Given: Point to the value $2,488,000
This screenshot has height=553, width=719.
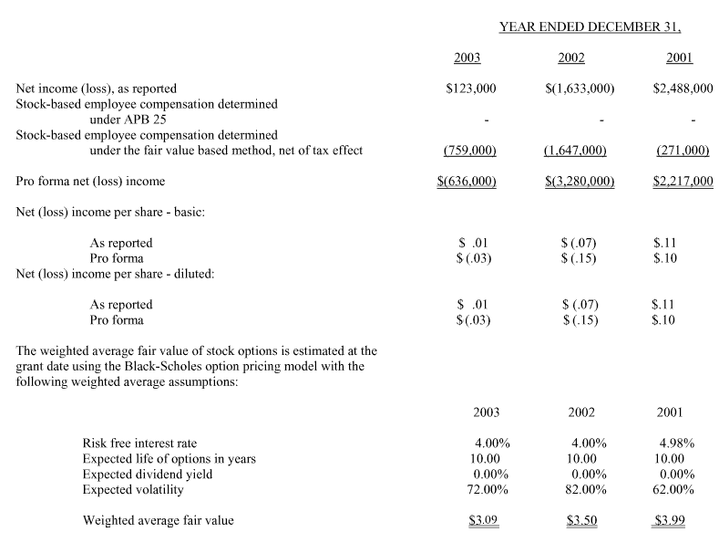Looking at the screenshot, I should tap(683, 89).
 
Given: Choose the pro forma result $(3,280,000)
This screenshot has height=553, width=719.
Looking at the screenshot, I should tap(580, 182).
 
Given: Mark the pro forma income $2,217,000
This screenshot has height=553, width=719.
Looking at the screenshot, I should tap(683, 182).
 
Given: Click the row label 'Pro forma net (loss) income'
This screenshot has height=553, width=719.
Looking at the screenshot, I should tap(91, 182).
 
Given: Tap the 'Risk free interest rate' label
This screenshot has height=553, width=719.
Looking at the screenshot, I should tap(139, 443).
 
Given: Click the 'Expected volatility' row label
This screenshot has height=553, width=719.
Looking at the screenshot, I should tap(133, 490).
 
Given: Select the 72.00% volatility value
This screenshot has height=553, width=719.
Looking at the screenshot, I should tap(487, 490).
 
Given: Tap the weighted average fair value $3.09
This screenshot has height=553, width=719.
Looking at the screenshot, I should tap(483, 521).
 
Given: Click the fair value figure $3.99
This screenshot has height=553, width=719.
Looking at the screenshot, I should tap(670, 521).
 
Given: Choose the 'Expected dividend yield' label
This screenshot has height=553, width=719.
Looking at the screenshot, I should tap(148, 475).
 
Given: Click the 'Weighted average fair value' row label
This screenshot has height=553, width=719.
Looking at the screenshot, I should tap(159, 521).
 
